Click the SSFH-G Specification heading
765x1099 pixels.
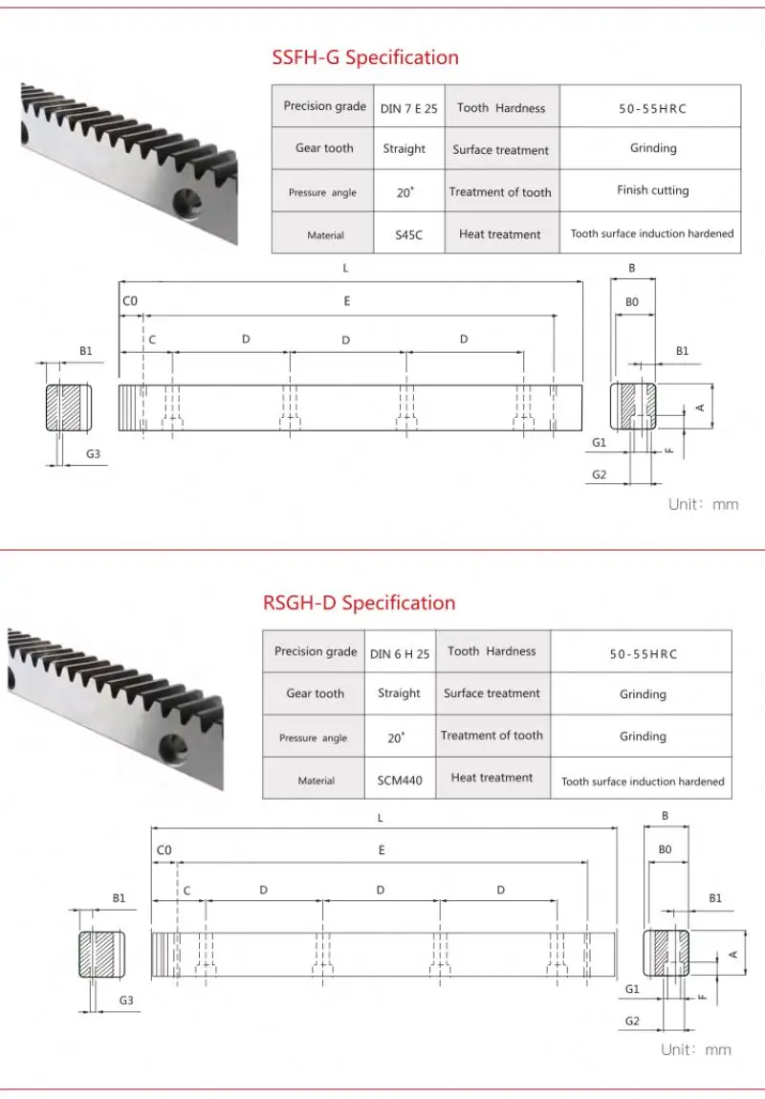(x=365, y=57)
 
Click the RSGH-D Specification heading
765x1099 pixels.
(x=359, y=603)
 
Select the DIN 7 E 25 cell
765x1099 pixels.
(x=408, y=108)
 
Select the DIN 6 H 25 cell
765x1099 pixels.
(x=399, y=653)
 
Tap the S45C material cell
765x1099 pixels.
(x=408, y=234)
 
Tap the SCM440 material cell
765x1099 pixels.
(x=399, y=780)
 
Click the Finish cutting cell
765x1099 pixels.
(x=652, y=190)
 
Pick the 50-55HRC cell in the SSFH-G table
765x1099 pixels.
(x=652, y=108)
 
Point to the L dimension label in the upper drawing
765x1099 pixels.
(x=346, y=269)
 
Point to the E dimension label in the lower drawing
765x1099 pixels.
(x=382, y=849)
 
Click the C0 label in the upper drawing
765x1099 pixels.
(x=130, y=301)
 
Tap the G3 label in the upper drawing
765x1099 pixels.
(x=93, y=453)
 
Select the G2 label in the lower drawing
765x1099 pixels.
(x=632, y=1021)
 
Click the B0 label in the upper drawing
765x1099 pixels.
(x=632, y=301)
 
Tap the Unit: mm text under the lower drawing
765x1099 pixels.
(x=696, y=1049)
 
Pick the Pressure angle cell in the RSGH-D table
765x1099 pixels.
(x=313, y=738)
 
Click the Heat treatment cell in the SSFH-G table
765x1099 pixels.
(x=499, y=234)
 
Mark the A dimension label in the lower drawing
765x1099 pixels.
(x=733, y=954)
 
